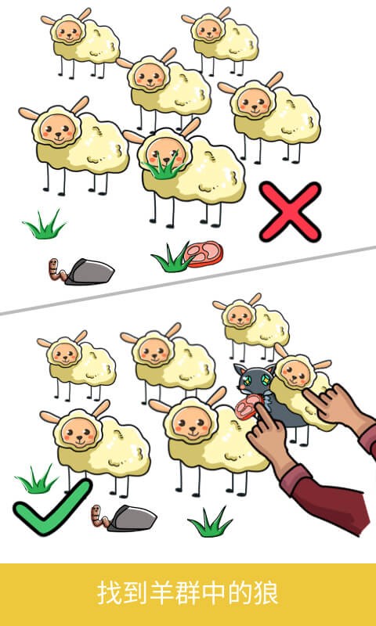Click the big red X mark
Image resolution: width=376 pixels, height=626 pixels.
[x=290, y=211]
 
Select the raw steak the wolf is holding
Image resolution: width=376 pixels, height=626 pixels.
[x=248, y=407]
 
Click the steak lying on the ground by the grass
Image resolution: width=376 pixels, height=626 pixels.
[x=204, y=254]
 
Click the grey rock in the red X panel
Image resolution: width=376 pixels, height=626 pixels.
[x=90, y=272]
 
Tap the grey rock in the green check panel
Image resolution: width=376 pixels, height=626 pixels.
[x=132, y=518]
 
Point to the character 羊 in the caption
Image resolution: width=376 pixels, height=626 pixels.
[x=161, y=593]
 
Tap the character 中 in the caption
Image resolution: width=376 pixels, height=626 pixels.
[x=214, y=593]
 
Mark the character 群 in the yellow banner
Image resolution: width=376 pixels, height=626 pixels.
[x=188, y=593]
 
